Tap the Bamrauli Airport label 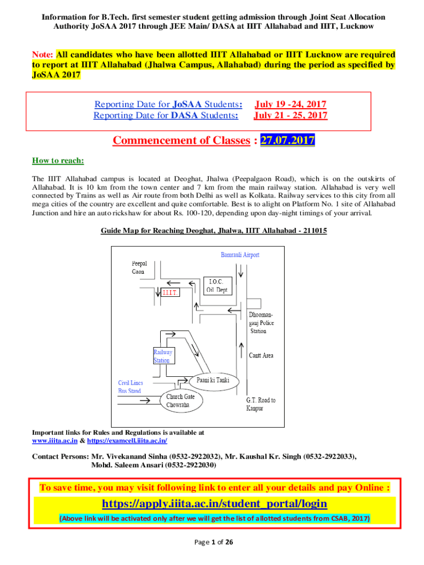[240, 255]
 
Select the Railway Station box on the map [163, 356]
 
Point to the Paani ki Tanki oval [214, 381]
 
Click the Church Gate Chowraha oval [181, 401]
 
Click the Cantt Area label [260, 355]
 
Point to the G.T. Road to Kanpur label [260, 404]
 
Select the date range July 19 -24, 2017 [290, 104]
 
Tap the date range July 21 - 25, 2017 [290, 115]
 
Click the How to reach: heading [58, 161]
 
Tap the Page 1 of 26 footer [214, 542]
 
